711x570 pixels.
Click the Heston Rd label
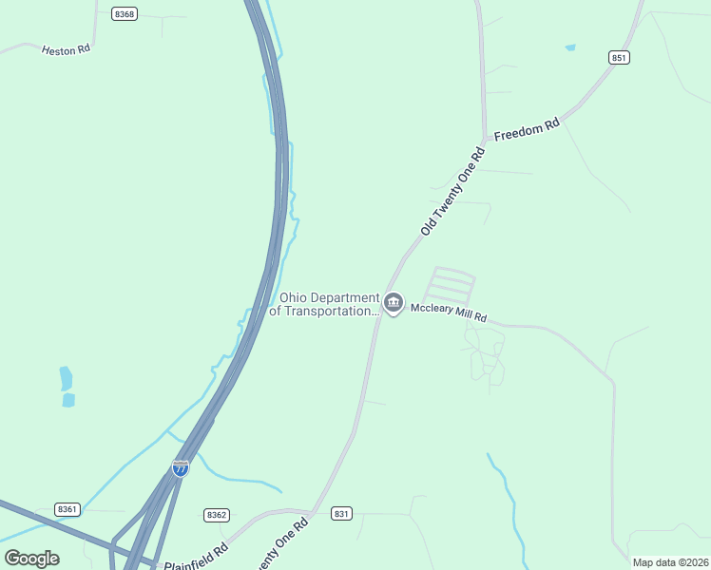[66, 48]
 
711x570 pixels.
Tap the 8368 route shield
[124, 14]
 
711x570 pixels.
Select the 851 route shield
[620, 58]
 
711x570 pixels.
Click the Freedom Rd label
[527, 130]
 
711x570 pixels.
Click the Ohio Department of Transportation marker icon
[394, 303]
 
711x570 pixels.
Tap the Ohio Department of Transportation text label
[324, 304]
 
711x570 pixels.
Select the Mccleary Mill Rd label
[449, 313]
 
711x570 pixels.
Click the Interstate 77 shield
[181, 467]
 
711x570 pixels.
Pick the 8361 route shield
[67, 509]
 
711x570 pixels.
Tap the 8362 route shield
[217, 515]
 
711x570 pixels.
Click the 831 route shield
[342, 513]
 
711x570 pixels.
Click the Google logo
[32, 558]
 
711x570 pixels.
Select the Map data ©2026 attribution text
[670, 562]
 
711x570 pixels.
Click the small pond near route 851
[569, 47]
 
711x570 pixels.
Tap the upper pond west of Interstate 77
[66, 378]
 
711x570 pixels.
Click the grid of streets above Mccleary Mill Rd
[452, 285]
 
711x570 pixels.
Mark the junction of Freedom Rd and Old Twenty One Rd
[485, 139]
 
